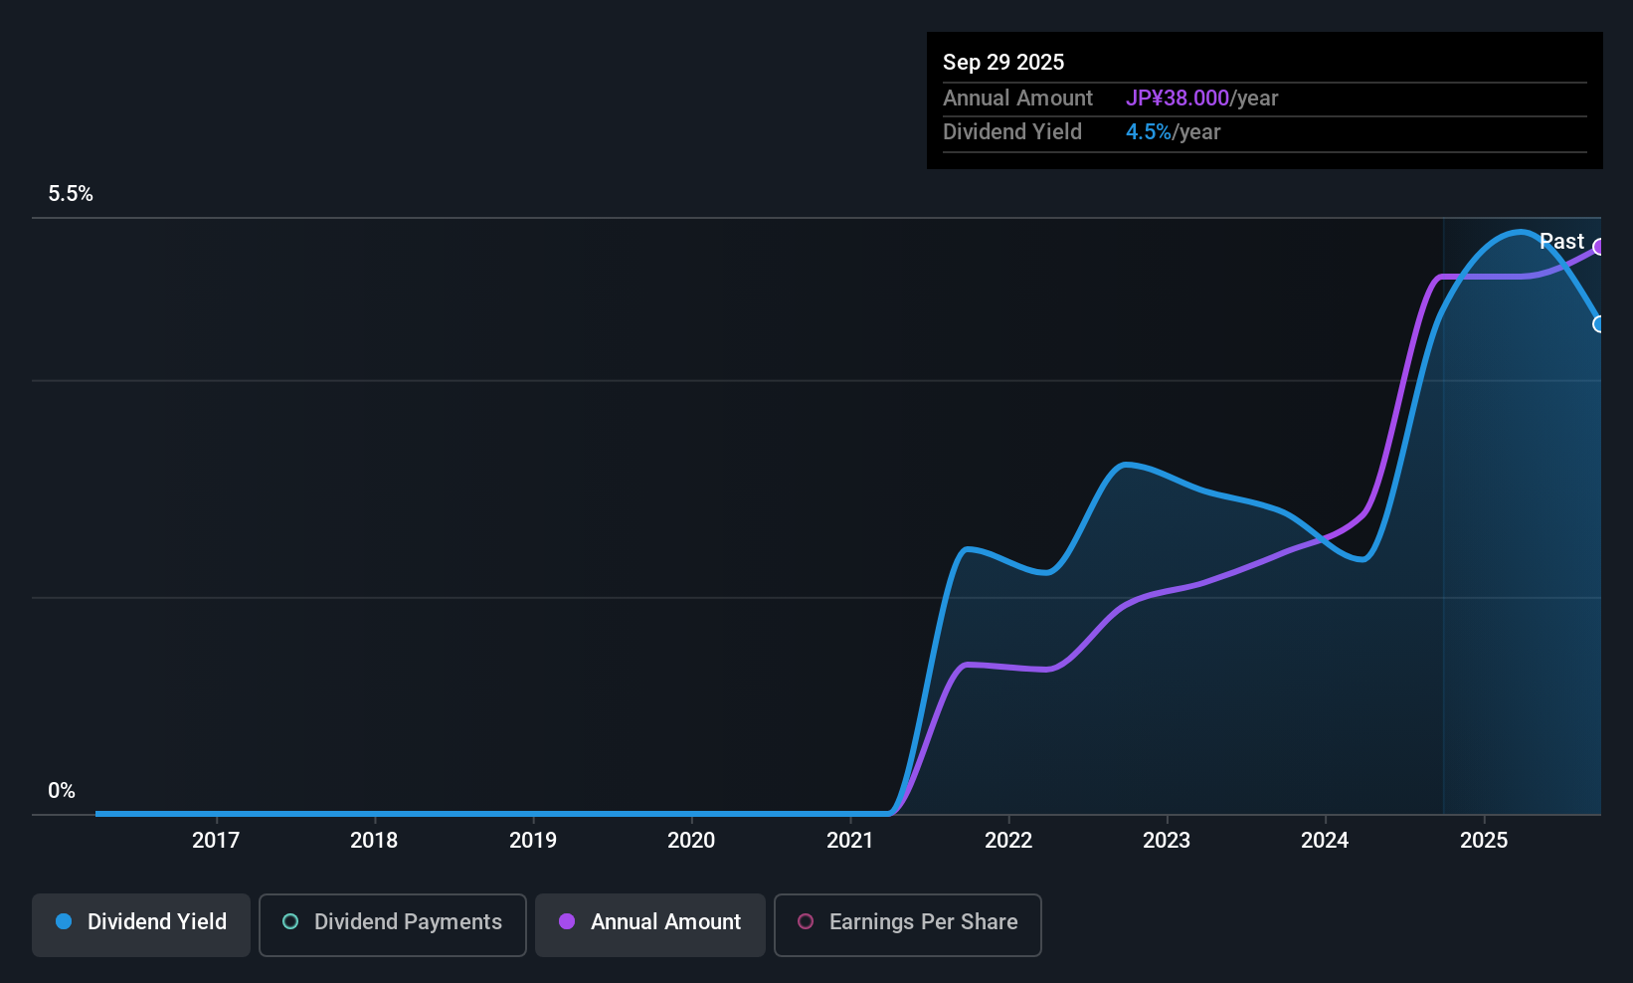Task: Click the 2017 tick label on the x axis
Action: [216, 841]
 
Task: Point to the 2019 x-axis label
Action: [533, 841]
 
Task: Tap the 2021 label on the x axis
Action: [850, 841]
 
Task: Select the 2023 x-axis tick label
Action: [1167, 841]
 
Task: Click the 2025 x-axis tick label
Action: [1484, 841]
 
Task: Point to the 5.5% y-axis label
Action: [71, 194]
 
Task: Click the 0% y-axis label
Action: [62, 791]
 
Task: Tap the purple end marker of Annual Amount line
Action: [1599, 247]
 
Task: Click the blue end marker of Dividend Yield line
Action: [1599, 324]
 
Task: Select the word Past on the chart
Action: [1561, 242]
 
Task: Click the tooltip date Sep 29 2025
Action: [1003, 62]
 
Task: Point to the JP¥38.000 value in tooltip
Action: [1178, 98]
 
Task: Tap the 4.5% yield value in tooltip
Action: [1149, 132]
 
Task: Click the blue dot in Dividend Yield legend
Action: [64, 922]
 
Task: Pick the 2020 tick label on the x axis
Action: [691, 841]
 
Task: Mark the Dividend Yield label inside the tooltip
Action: [1012, 132]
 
